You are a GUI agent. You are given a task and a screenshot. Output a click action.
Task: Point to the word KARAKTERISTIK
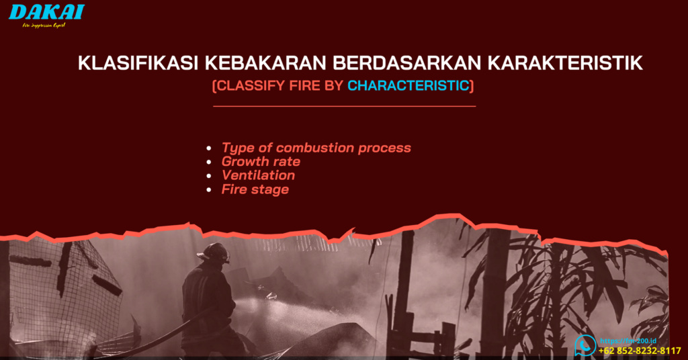tap(565, 63)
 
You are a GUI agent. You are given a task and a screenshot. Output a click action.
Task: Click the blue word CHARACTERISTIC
tap(410, 86)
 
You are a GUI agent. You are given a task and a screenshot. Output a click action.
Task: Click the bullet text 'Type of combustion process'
tap(316, 148)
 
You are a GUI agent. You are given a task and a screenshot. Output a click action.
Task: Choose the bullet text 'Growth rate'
tap(261, 162)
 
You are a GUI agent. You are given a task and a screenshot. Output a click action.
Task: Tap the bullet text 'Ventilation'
tap(258, 175)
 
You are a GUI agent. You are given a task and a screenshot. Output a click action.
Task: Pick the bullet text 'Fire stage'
tap(255, 189)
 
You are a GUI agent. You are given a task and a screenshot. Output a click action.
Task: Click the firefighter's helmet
tap(215, 253)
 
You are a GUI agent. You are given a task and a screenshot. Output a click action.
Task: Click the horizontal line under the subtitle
tap(344, 106)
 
